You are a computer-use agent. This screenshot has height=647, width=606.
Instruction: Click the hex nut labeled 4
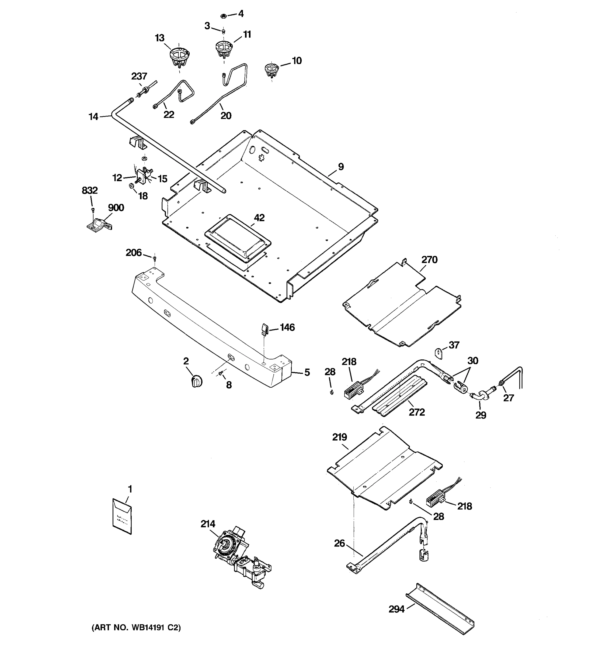click(223, 16)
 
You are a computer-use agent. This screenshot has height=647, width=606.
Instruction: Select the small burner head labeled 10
click(271, 70)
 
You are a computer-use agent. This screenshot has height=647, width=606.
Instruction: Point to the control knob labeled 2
click(196, 381)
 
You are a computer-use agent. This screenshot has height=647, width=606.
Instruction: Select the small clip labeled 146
click(265, 329)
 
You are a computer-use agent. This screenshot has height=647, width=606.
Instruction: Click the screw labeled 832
click(93, 209)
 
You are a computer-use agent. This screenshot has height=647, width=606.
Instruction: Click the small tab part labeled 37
click(439, 353)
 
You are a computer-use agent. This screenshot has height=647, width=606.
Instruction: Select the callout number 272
click(417, 412)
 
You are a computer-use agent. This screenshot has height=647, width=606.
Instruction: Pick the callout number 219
click(339, 437)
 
